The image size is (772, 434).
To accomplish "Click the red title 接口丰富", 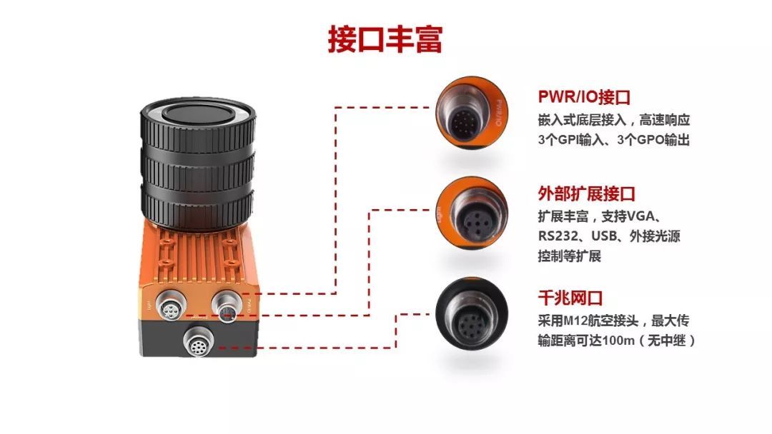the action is click(385, 40).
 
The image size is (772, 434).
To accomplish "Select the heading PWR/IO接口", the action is click(584, 97).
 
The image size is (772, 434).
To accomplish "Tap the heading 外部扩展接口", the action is click(586, 193).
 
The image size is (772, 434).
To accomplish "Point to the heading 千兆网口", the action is click(570, 298).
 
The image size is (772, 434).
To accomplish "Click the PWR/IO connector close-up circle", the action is click(472, 113).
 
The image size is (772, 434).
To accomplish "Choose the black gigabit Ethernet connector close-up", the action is click(472, 313).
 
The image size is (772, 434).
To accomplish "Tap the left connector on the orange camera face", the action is click(171, 306).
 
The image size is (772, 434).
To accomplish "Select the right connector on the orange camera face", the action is click(227, 306).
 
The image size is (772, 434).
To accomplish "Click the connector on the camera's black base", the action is click(199, 342).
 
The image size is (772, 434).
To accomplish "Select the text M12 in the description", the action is click(575, 321).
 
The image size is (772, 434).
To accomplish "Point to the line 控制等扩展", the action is click(570, 256).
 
